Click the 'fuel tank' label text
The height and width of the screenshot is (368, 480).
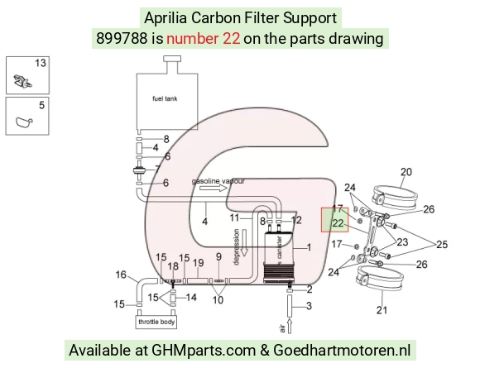coord(165,98)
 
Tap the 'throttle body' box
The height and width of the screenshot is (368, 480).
coord(156,323)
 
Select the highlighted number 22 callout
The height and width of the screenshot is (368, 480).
coord(338,223)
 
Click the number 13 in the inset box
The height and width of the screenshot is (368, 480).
coord(41,63)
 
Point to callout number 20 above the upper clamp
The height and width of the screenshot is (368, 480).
coord(406,172)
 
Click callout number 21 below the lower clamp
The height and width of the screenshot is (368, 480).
coord(382,310)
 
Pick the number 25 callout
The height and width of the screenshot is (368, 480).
coord(442,245)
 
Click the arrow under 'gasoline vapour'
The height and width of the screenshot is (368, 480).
coord(214,188)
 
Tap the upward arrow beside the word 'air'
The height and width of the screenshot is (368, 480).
coord(290,326)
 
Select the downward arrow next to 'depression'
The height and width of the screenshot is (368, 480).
coord(244,242)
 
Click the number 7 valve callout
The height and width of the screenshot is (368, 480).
coord(157,169)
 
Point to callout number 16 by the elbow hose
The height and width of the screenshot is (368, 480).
coord(121,275)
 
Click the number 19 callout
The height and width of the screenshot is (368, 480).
coord(199,262)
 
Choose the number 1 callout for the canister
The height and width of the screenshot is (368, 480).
coord(309,247)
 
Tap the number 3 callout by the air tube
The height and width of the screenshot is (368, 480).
coord(309,306)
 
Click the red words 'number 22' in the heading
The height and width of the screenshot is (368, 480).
coord(204,39)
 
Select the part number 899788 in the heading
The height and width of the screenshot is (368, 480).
coord(122,39)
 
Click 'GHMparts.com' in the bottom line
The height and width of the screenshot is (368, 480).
coord(204,351)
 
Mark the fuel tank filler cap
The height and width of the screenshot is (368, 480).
coord(172,59)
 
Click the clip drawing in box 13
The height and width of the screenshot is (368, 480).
coord(22,81)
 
